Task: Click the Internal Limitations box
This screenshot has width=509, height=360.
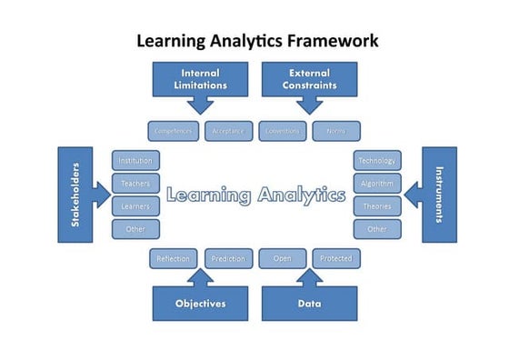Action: pyautogui.click(x=200, y=79)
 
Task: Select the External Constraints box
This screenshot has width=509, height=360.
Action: pyautogui.click(x=310, y=79)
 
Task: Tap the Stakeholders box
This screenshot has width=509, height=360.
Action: pyautogui.click(x=75, y=195)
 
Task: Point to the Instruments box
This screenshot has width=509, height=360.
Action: pyautogui.click(x=439, y=195)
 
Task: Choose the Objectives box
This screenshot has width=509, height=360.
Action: pyautogui.click(x=200, y=303)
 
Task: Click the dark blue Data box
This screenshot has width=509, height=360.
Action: pyautogui.click(x=309, y=303)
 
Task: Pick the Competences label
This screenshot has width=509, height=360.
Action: pyautogui.click(x=173, y=131)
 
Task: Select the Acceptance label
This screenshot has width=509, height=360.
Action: pyautogui.click(x=228, y=131)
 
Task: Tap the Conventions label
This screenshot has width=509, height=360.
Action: pyautogui.click(x=282, y=131)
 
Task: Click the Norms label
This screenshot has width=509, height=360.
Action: pyautogui.click(x=336, y=131)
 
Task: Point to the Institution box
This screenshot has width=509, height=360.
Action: pyautogui.click(x=135, y=161)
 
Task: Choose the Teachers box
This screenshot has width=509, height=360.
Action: pyautogui.click(x=135, y=184)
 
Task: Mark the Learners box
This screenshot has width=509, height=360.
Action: pyautogui.click(x=135, y=206)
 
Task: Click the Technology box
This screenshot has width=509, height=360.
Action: pyautogui.click(x=377, y=161)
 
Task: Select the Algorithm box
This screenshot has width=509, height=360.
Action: pyautogui.click(x=377, y=184)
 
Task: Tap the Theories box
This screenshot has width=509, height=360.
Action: pyautogui.click(x=377, y=206)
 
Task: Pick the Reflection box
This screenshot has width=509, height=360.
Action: pyautogui.click(x=173, y=259)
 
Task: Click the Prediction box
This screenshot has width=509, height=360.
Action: pyautogui.click(x=228, y=259)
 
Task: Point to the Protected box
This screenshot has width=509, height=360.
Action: pyautogui.click(x=336, y=259)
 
